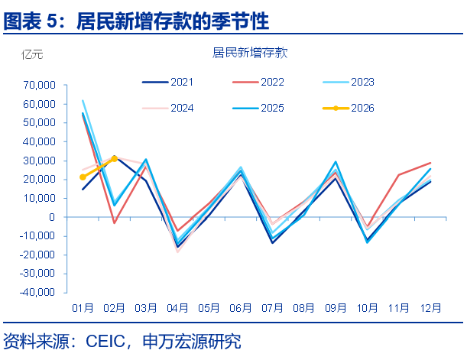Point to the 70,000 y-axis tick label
coord(38,85)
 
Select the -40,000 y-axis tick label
coord(37,292)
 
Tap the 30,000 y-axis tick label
coord(38,161)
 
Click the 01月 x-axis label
coord(83,308)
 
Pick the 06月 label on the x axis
coord(241,308)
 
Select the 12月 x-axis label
coord(430,308)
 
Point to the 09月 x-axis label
coord(336,308)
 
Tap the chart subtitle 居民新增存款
coord(249,53)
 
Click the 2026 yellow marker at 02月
coord(115,158)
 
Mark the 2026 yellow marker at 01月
coord(83,177)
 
